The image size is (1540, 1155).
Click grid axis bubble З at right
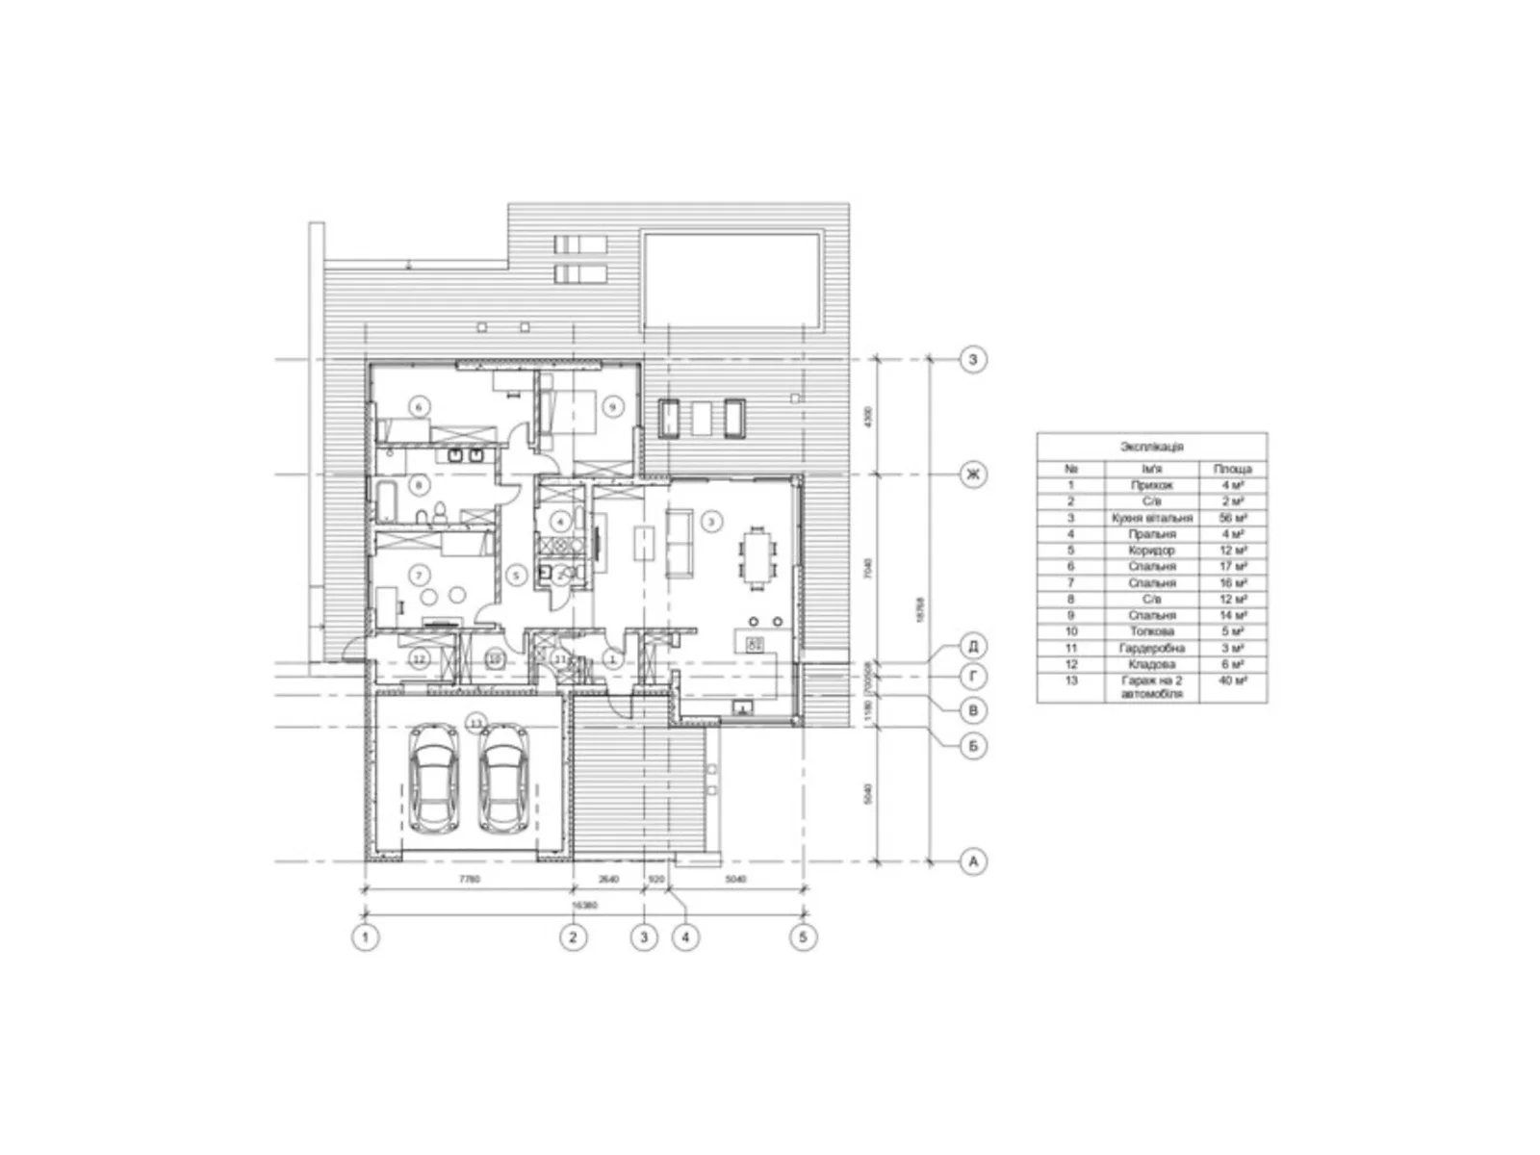pos(973,360)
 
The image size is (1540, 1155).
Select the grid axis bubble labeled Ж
pos(973,475)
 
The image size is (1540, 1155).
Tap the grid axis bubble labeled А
pos(973,861)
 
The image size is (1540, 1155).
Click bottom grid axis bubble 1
pos(365,937)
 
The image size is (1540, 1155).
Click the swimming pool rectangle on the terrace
pos(731,279)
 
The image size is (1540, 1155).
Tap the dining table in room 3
pos(757,557)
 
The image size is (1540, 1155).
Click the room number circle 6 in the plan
pos(418,406)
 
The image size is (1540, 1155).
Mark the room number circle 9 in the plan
pos(613,406)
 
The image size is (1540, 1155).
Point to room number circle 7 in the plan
pos(418,576)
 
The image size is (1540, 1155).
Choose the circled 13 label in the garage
pos(475,721)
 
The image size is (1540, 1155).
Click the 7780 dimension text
pos(469,879)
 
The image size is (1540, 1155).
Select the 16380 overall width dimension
pos(583,905)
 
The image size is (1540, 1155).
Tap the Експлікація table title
pos(1151,447)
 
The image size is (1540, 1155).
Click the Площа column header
pos(1232,469)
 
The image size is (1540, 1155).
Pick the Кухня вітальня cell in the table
pos(1151,518)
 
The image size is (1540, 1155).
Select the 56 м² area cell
pos(1232,518)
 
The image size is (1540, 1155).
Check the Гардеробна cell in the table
pos(1151,648)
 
